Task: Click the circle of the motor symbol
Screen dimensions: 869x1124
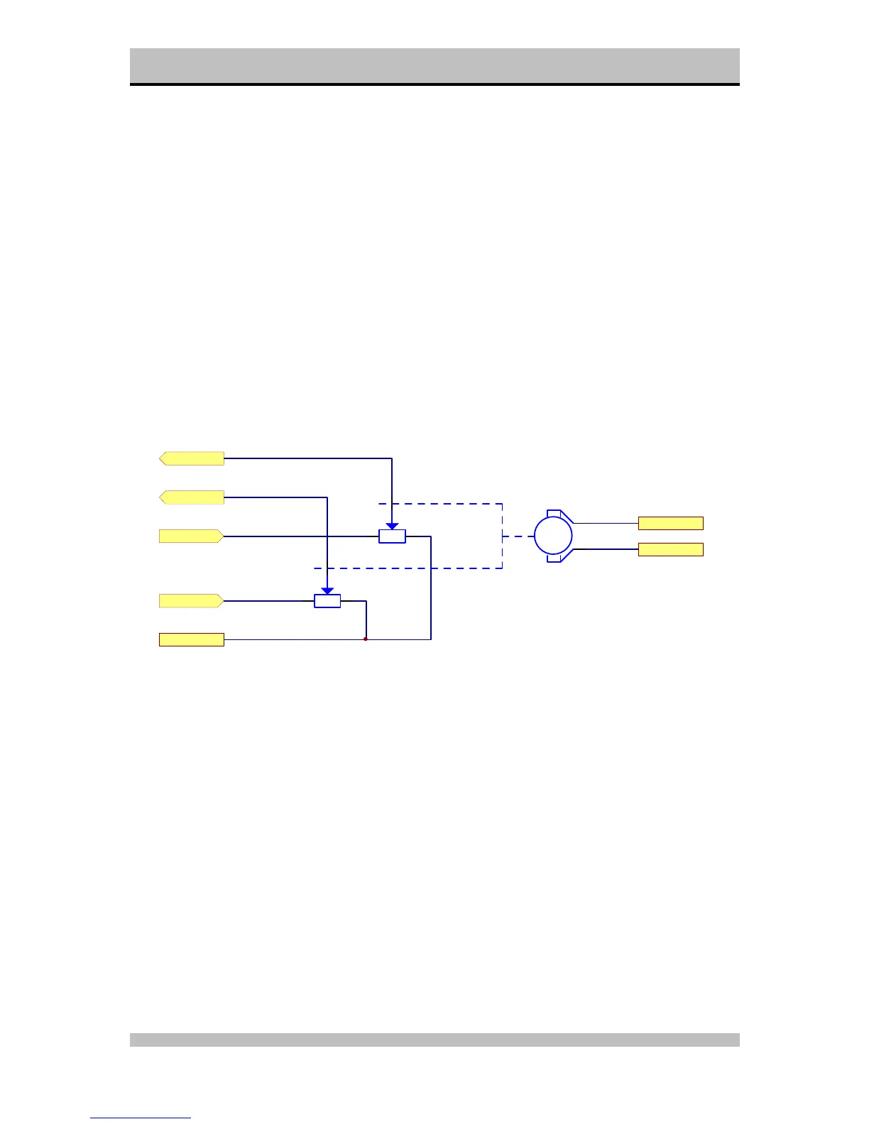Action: pyautogui.click(x=553, y=536)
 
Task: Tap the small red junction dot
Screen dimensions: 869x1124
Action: pyautogui.click(x=366, y=639)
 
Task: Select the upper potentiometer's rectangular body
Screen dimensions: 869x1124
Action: pyautogui.click(x=392, y=536)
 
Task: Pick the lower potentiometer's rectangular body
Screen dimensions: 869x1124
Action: pyautogui.click(x=327, y=601)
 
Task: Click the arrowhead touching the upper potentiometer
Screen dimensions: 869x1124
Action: pyautogui.click(x=392, y=526)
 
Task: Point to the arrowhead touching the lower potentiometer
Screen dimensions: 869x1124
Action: pyautogui.click(x=327, y=590)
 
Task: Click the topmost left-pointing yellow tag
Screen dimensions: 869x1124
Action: pyautogui.click(x=192, y=458)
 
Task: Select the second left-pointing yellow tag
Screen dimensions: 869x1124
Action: pyautogui.click(x=192, y=497)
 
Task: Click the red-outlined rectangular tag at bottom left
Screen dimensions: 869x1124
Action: pyautogui.click(x=192, y=639)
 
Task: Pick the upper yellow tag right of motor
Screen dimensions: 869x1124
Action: pyautogui.click(x=670, y=523)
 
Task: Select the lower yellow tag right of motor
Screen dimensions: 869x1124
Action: pyautogui.click(x=670, y=549)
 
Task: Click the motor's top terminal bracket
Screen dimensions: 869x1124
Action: pyautogui.click(x=556, y=513)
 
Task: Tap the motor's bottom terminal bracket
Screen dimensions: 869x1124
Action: pyautogui.click(x=556, y=558)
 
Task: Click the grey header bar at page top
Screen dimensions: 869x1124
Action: pyautogui.click(x=434, y=65)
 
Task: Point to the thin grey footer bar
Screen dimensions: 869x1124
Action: pyautogui.click(x=434, y=1040)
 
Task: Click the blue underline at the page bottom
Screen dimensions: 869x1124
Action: pyautogui.click(x=141, y=1118)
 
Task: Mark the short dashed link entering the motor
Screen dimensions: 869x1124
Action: pyautogui.click(x=518, y=536)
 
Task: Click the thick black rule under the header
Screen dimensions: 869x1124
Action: pyautogui.click(x=434, y=84)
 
